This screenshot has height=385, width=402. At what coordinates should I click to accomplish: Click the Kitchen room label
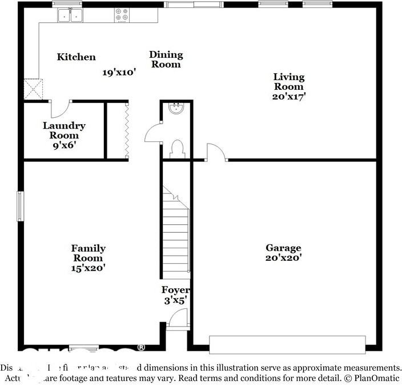76,57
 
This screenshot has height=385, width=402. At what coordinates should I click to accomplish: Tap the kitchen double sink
70,15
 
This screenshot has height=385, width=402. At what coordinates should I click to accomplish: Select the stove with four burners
122,15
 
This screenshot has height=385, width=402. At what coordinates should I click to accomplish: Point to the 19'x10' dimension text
119,73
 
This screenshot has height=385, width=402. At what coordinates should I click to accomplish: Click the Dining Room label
166,59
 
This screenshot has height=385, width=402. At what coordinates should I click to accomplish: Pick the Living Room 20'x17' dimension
288,96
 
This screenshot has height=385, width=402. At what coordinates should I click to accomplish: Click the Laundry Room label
64,130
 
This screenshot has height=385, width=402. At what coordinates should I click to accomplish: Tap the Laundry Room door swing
60,109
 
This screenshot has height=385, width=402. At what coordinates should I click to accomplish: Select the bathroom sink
176,109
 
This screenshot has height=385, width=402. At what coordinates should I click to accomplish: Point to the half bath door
153,133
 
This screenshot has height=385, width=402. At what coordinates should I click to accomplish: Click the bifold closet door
126,129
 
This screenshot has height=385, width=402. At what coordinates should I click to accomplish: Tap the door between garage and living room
216,152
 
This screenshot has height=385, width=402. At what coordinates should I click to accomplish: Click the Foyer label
175,290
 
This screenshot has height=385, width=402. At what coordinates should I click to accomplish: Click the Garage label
283,248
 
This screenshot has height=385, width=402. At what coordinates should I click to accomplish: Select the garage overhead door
287,344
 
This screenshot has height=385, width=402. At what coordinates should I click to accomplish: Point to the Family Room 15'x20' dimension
88,267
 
